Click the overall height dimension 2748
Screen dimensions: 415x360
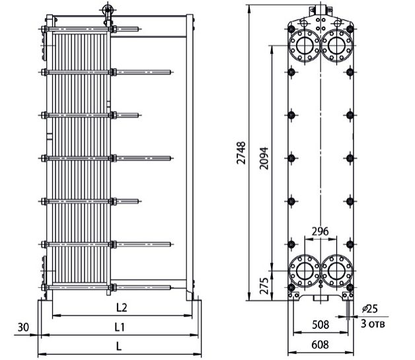coord(241,153)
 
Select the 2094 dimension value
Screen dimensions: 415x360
coord(264,158)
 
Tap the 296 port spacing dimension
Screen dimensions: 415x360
coord(320,231)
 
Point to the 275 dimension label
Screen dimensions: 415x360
coord(264,286)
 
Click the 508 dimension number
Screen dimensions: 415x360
coord(321,324)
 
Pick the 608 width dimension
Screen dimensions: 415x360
coord(321,345)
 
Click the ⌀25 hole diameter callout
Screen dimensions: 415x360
coord(370,308)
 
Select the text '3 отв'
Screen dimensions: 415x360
coord(373,324)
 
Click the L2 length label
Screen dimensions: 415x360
coord(122,307)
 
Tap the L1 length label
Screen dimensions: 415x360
coord(120,328)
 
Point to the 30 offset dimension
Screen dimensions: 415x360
coord(23,328)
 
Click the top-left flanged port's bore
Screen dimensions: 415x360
coord(305,46)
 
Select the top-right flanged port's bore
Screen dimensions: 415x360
coord(336,46)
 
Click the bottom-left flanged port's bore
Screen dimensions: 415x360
coord(305,271)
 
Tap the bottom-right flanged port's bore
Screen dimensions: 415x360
coord(336,271)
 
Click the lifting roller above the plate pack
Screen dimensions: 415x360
coord(108,10)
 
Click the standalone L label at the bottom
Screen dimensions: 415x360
coord(119,346)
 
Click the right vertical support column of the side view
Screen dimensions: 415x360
coord(190,157)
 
